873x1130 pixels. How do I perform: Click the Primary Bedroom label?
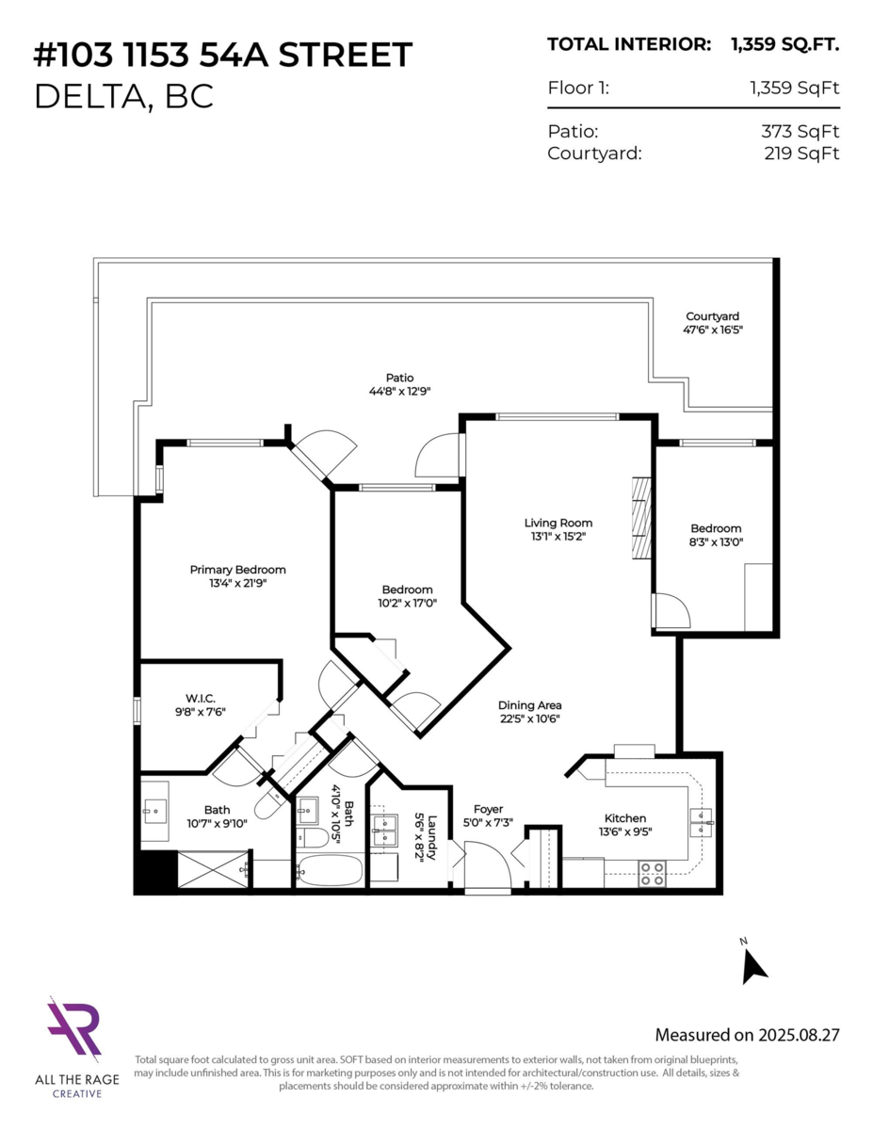[x=237, y=570]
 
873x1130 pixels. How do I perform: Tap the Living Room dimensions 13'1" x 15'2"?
[x=558, y=536]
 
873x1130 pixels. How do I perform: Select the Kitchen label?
[x=625, y=817]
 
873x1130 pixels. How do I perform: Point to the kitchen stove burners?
[x=652, y=874]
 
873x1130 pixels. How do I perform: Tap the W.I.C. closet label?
[x=201, y=698]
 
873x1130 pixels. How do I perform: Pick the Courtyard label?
[x=712, y=316]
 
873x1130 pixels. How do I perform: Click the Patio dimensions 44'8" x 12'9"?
[x=400, y=391]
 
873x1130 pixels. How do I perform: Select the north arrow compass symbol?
[x=753, y=967]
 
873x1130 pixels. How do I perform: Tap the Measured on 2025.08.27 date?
[x=747, y=1035]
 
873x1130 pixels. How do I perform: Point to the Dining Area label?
[x=529, y=705]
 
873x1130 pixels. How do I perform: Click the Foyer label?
[x=488, y=809]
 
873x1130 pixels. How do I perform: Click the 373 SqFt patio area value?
[x=800, y=132]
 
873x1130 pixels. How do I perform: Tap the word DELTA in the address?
[x=90, y=96]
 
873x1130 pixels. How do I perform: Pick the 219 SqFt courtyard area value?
[x=801, y=153]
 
